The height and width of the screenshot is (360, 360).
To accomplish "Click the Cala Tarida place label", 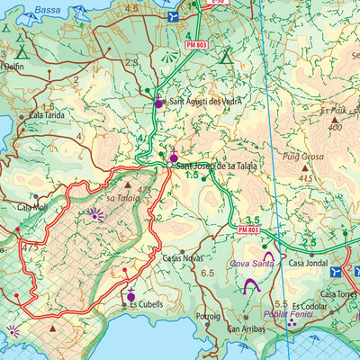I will [47, 115].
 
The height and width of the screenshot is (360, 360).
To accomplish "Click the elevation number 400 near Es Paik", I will [335, 127].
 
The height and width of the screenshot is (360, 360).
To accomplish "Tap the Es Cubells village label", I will [146, 304].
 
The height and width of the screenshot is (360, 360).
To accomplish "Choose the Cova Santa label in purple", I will [251, 264].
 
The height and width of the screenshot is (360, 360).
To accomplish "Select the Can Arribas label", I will [245, 329].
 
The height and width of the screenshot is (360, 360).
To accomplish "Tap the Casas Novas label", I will [183, 257].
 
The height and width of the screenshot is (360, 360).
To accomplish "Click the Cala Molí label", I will [33, 207].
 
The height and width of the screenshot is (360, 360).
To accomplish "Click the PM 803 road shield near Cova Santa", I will [251, 231].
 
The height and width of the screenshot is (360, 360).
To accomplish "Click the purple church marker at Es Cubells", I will [131, 296].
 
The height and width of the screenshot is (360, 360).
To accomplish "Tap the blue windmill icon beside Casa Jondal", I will [336, 271].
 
